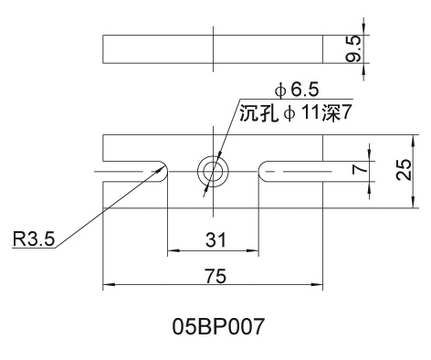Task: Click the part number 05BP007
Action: (217, 326)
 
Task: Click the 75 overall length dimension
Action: (215, 276)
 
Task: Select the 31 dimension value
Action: (215, 240)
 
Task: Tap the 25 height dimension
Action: (405, 169)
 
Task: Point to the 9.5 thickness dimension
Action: (353, 48)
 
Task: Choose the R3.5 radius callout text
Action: (34, 238)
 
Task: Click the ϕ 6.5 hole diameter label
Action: (297, 90)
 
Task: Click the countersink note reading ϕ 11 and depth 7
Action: (296, 113)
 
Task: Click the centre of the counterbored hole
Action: (213, 172)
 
